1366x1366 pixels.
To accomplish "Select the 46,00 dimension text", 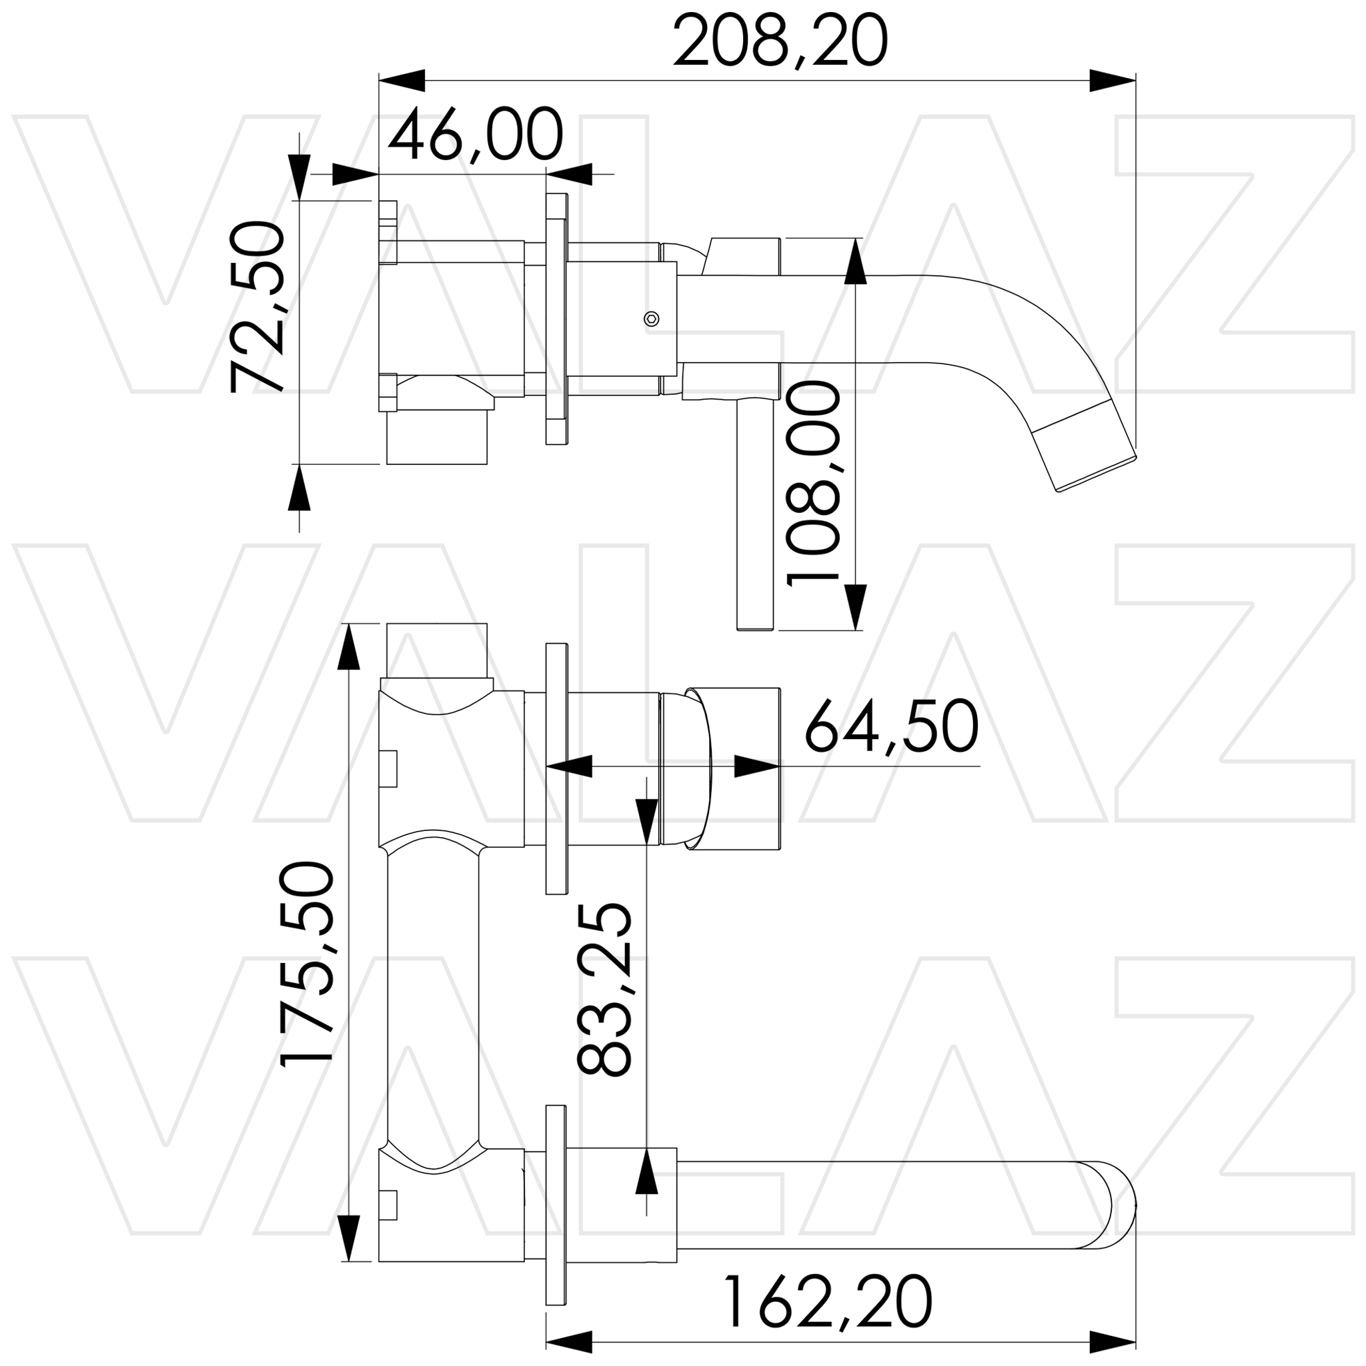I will tap(475, 135).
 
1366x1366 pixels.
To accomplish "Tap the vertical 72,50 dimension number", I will tap(257, 306).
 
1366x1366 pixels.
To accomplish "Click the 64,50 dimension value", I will tap(892, 728).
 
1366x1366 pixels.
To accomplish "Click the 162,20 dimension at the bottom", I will tap(827, 1303).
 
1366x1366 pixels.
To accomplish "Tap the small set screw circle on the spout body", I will tap(652, 319).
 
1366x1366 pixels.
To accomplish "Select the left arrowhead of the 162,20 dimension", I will tap(569, 1341).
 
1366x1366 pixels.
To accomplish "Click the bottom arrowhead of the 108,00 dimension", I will tap(856, 607).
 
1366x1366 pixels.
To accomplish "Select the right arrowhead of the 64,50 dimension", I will tap(756, 766).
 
